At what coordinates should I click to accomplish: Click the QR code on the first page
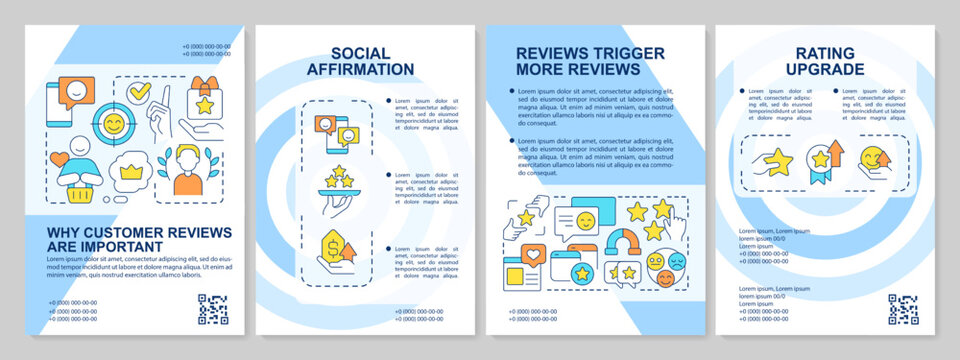click(212, 309)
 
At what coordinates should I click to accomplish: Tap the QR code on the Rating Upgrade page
click(902, 309)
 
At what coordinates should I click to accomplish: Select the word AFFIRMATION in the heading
click(365, 70)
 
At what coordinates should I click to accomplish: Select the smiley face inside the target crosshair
click(114, 125)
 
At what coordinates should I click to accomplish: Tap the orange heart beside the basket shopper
click(61, 158)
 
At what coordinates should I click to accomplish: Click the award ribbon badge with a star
click(821, 160)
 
